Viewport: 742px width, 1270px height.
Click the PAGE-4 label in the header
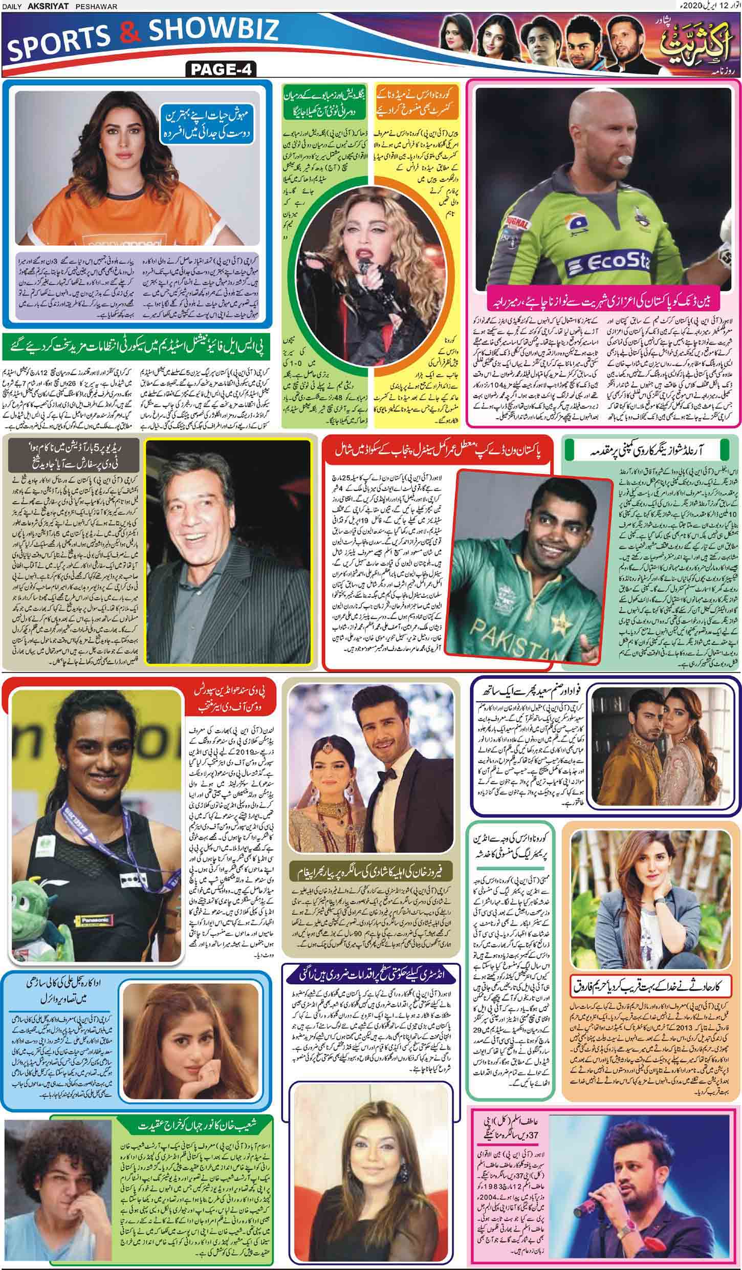click(221, 69)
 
